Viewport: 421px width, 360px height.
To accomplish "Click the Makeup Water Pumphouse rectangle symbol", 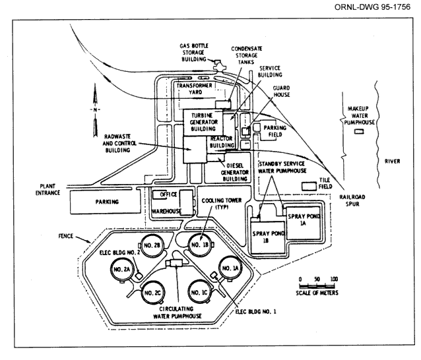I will pos(359,132).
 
